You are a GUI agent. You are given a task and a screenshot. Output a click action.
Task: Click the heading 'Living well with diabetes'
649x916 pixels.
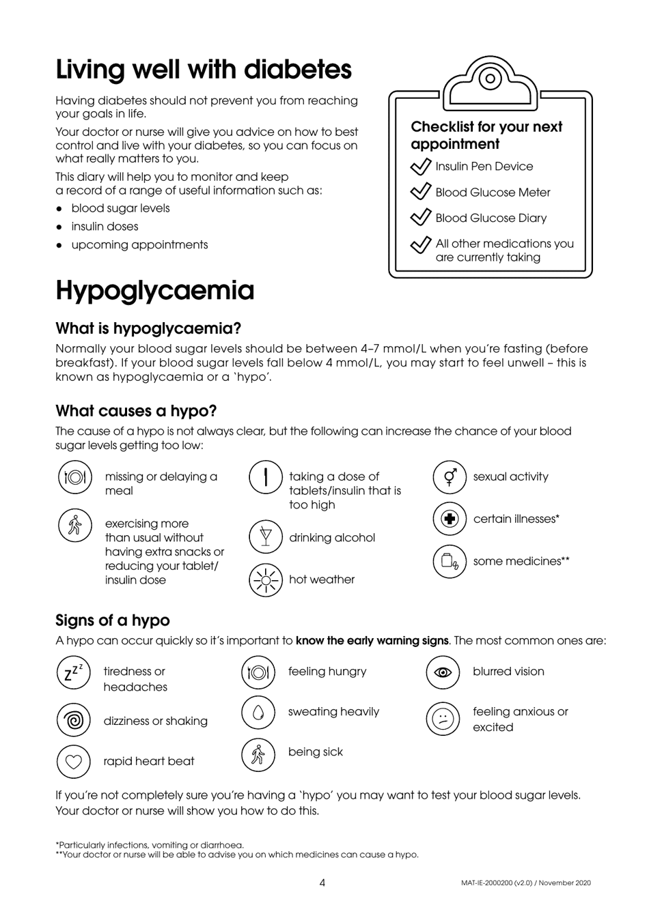(x=204, y=70)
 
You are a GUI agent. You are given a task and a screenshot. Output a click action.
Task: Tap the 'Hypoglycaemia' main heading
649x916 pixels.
(x=155, y=291)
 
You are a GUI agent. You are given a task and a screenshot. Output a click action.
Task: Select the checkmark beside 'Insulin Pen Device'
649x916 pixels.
(x=420, y=167)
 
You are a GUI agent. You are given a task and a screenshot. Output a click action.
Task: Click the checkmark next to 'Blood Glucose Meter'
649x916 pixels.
(x=420, y=192)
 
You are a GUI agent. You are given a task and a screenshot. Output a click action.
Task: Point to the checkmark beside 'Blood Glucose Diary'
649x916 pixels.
(x=420, y=218)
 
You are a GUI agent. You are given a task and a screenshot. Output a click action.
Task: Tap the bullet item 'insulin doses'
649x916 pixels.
(x=105, y=227)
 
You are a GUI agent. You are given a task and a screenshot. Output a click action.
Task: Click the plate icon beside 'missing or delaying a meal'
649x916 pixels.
(x=74, y=477)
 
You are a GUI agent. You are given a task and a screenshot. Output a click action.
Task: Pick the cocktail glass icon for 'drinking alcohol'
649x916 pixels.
(x=265, y=537)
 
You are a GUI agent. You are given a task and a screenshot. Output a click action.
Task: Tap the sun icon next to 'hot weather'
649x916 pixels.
(x=265, y=580)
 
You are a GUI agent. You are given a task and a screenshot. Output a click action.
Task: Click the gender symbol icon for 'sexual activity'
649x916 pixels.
(x=450, y=477)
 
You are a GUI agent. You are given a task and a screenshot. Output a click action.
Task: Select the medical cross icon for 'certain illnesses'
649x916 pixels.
(x=450, y=519)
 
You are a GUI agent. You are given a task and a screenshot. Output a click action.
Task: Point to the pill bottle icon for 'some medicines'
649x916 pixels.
(x=450, y=562)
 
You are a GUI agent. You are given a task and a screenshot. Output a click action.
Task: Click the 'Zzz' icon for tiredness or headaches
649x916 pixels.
(x=73, y=672)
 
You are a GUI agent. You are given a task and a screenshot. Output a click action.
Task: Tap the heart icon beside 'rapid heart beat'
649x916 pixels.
(x=73, y=761)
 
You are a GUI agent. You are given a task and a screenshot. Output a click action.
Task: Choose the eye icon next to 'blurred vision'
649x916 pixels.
(x=443, y=672)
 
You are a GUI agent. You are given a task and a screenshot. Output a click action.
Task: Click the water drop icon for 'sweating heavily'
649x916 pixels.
(x=258, y=713)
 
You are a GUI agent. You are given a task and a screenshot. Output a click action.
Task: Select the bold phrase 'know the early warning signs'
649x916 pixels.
(x=372, y=641)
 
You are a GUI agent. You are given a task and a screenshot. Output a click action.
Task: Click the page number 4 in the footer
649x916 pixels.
(x=322, y=883)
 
